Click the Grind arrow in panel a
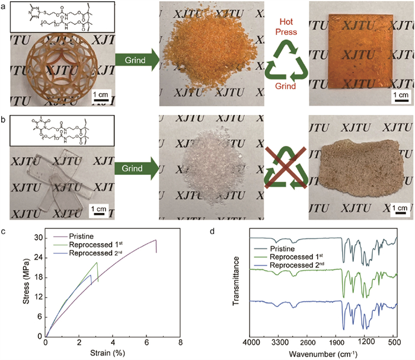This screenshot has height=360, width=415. tap(135, 59)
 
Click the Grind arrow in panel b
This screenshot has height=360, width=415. tap(135, 168)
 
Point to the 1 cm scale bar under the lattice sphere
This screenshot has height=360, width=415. tap(101, 98)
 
